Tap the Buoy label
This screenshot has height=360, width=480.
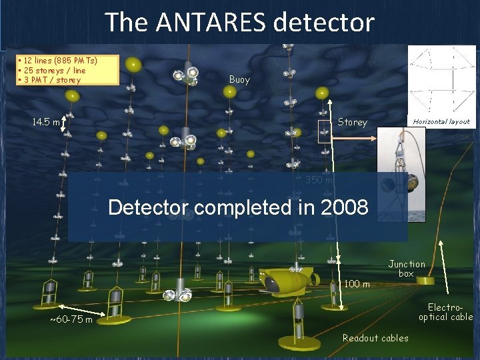[239, 79]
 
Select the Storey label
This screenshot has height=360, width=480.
[352, 122]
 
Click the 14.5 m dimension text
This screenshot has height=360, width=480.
[46, 122]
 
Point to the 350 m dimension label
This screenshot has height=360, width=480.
[319, 180]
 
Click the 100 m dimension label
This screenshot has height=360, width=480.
[357, 284]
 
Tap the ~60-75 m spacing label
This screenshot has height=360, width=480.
[71, 320]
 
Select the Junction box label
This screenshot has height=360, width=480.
[407, 269]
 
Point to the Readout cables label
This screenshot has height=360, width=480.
[375, 338]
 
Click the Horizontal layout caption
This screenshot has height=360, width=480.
[441, 122]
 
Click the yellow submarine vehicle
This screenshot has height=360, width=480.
[283, 280]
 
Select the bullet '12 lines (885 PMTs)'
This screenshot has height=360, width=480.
[59, 61]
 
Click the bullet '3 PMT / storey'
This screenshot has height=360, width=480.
[51, 80]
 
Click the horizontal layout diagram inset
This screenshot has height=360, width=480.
[441, 80]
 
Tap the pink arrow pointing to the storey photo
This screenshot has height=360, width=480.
[354, 139]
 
